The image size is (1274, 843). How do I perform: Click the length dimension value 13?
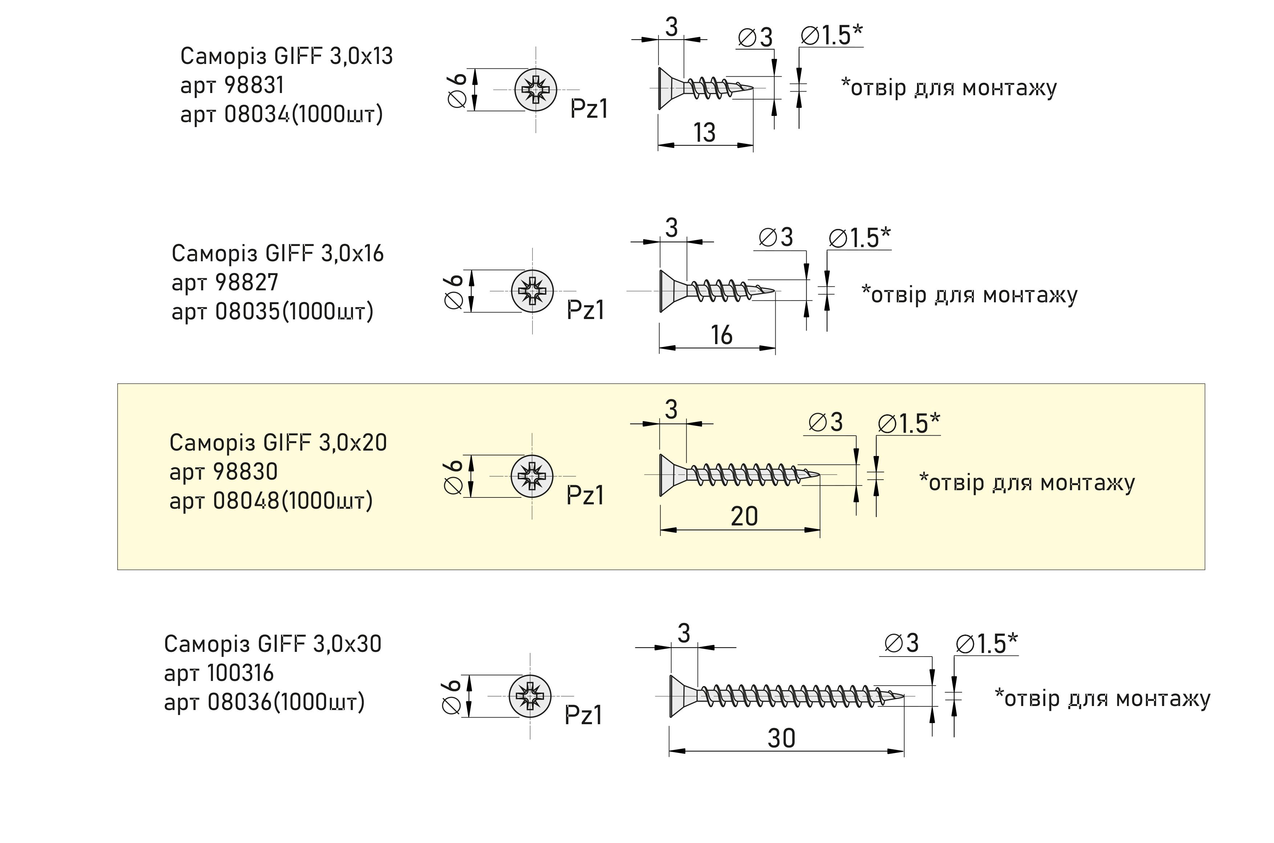(x=705, y=132)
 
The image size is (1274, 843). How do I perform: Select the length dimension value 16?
(x=722, y=335)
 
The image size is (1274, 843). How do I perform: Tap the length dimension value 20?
(x=744, y=516)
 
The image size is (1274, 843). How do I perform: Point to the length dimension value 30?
(x=781, y=738)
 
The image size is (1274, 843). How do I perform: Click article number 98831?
(x=253, y=85)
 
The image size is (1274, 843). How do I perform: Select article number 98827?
(x=247, y=282)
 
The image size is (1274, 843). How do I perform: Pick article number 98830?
(x=245, y=472)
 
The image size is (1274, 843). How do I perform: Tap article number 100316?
(x=240, y=673)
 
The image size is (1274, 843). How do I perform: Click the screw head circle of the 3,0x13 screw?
(x=536, y=90)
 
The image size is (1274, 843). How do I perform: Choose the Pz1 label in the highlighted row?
(x=585, y=495)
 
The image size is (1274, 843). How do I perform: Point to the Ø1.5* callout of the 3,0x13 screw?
(x=831, y=36)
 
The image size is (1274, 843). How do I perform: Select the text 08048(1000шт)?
(x=293, y=501)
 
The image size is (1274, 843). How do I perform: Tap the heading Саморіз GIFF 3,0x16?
(x=277, y=253)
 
